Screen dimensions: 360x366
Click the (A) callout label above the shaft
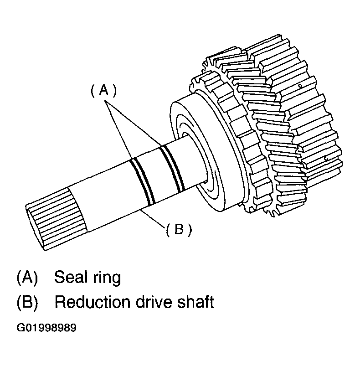103,90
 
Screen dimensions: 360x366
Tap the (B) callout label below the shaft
179,229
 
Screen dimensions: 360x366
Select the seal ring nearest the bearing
173,168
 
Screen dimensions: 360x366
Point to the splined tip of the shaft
56,219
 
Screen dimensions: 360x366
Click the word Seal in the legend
71,277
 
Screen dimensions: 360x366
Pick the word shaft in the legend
195,302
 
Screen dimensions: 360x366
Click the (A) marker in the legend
27,277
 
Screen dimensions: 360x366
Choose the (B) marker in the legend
27,302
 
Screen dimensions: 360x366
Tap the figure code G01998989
46,328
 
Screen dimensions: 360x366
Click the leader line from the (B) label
152,218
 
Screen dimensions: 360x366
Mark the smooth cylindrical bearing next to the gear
206,154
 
